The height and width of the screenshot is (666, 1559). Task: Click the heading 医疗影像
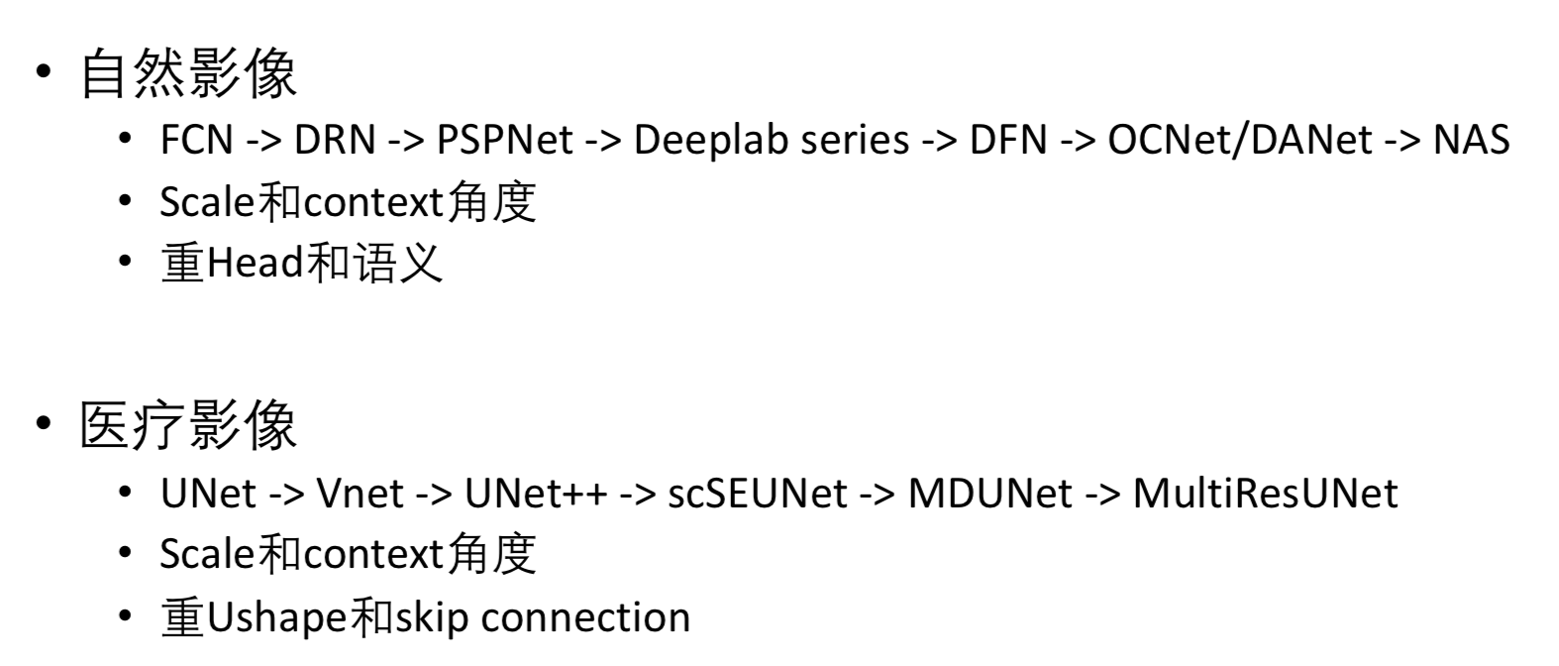[188, 426]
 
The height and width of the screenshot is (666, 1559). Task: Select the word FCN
[196, 140]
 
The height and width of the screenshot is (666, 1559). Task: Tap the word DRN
[335, 140]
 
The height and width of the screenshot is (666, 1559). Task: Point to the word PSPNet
[504, 140]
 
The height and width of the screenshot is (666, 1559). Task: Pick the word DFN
[1007, 140]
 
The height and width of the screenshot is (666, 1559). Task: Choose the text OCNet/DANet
[1240, 140]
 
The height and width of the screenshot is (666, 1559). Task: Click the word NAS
[1471, 140]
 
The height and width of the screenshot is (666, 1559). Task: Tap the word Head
[255, 264]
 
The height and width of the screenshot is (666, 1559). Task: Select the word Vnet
[360, 493]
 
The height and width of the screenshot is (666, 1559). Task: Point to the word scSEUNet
[758, 493]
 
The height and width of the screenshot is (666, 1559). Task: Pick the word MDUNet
[989, 493]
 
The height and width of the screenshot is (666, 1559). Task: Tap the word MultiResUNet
[1265, 493]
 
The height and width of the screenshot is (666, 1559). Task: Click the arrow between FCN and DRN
[262, 140]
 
